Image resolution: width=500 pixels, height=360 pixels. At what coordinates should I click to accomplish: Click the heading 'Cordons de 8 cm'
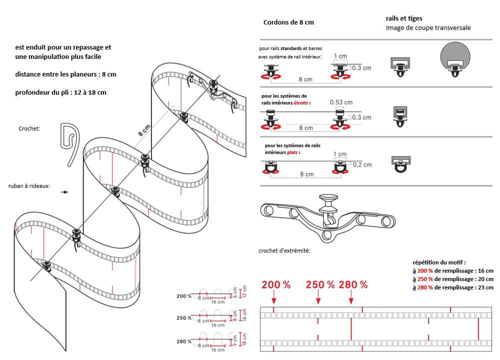click(288, 22)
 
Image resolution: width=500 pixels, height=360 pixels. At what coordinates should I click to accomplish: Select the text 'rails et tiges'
click(404, 18)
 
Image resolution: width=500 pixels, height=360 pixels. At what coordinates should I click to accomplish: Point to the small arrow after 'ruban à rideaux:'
click(64, 191)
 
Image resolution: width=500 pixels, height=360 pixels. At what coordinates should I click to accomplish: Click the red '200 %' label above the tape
click(276, 285)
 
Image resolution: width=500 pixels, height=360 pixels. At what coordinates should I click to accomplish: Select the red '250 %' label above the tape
click(320, 285)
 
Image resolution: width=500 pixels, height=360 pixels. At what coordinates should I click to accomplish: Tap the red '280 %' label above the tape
click(353, 285)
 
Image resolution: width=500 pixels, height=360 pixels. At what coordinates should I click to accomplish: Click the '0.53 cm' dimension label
click(341, 102)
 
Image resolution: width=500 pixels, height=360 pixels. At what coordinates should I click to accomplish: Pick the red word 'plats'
click(293, 152)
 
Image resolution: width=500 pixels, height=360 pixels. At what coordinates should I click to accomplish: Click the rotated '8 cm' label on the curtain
click(144, 131)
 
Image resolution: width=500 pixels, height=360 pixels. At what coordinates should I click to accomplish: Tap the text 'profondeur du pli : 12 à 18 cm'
click(61, 92)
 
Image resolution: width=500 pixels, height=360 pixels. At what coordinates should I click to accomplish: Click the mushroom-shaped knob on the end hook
click(328, 200)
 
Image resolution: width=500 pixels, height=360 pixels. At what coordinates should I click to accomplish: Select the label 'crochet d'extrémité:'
click(284, 250)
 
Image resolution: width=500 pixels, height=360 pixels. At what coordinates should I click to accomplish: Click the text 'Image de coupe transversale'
click(428, 28)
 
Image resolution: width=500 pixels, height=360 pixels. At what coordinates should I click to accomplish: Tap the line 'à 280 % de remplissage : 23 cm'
click(453, 287)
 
